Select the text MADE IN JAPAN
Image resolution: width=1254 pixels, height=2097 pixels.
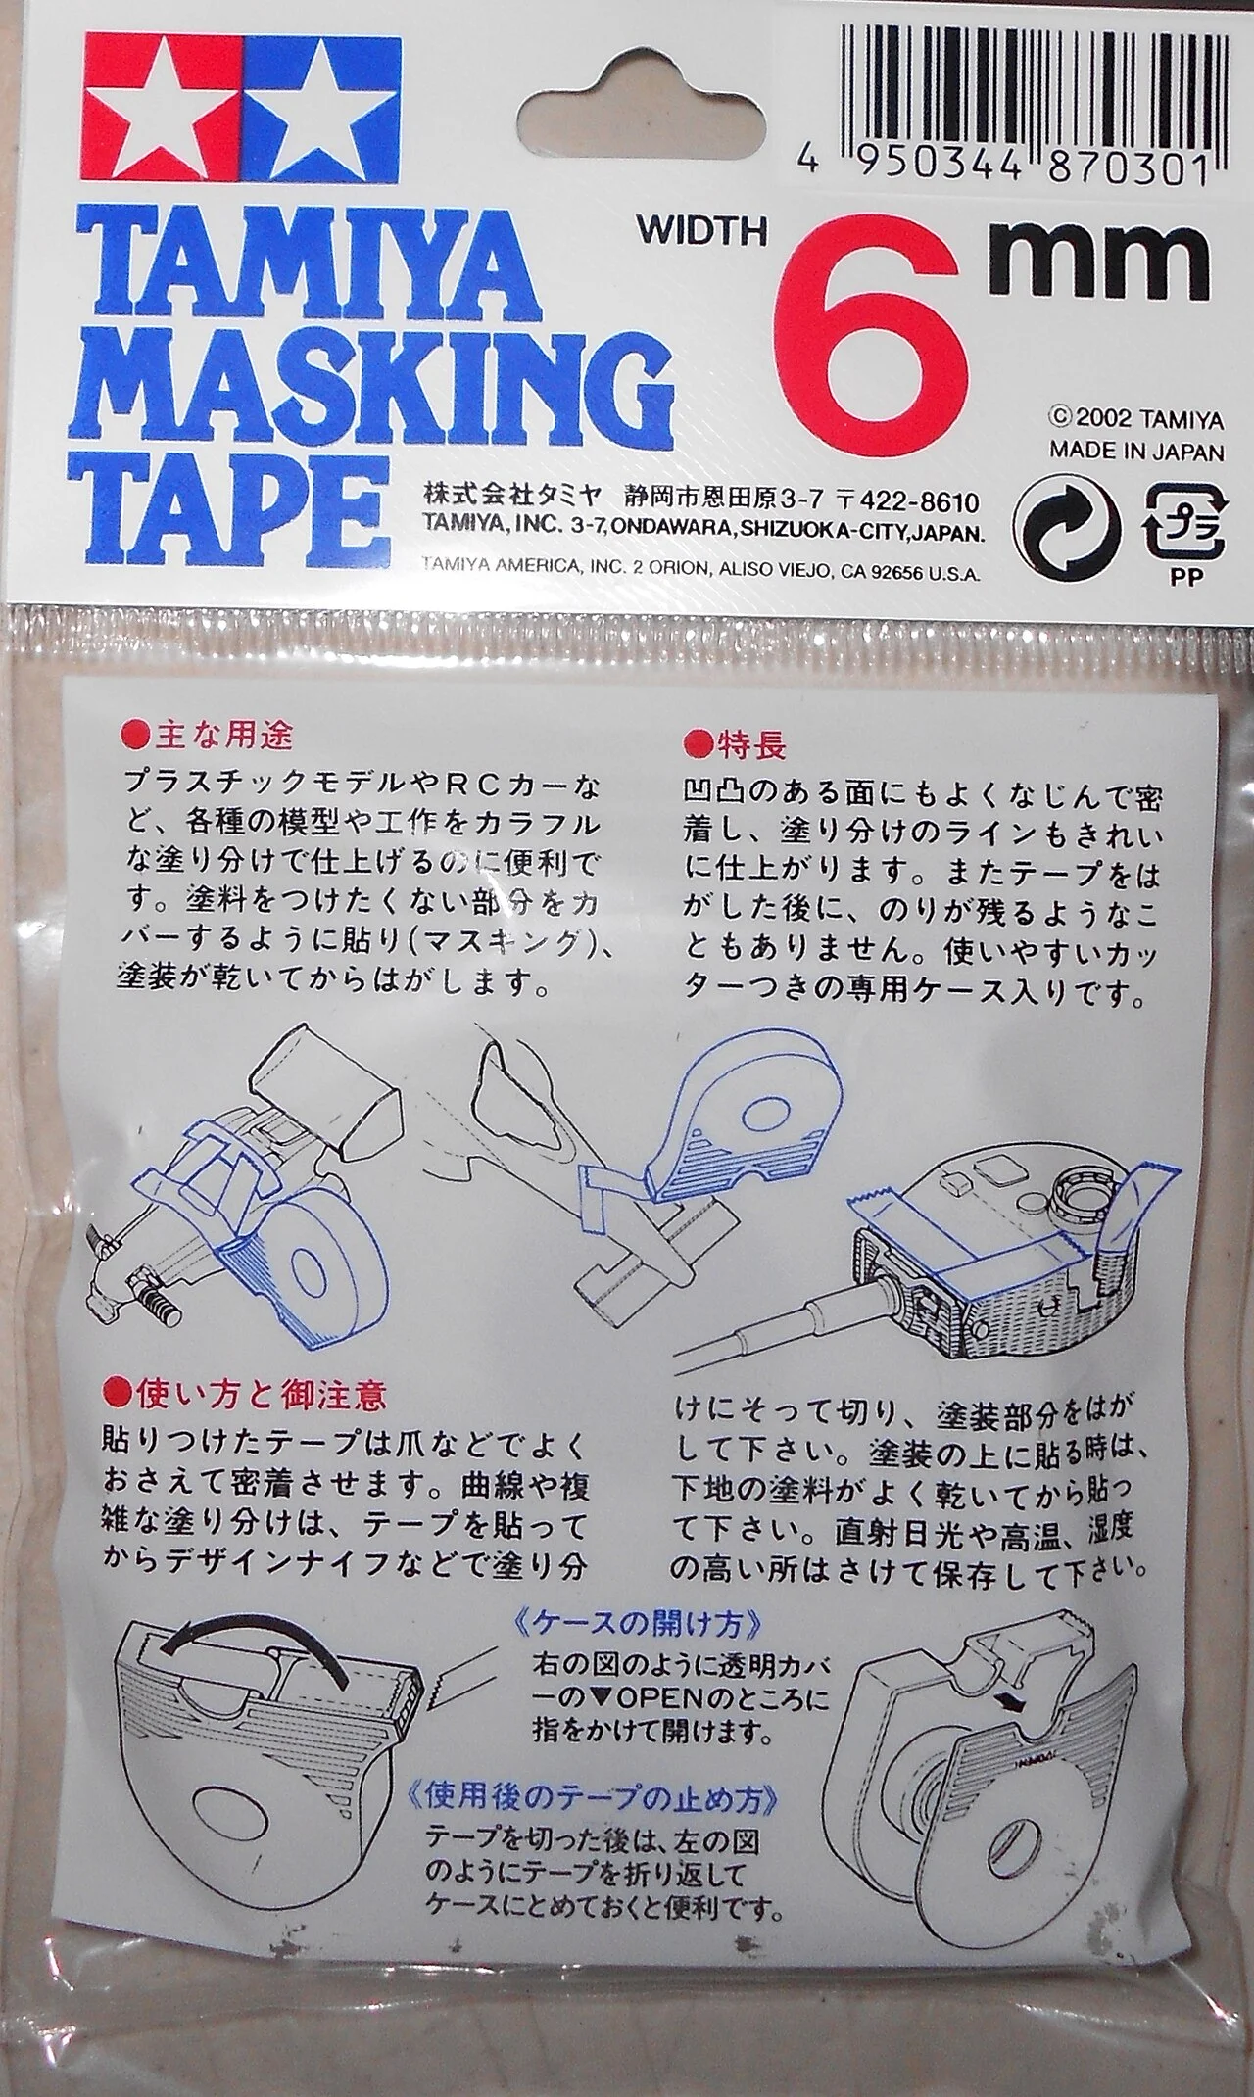tap(1136, 453)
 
